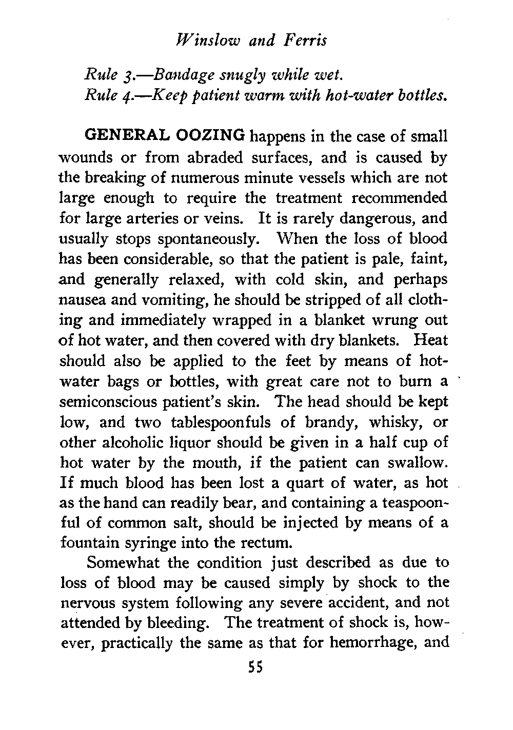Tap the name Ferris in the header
(303, 40)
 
